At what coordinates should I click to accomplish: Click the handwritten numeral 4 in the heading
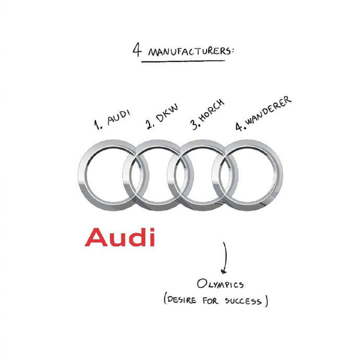click(x=137, y=49)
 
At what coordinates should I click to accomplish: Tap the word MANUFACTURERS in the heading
click(x=189, y=52)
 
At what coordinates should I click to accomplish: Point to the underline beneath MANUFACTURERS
click(x=183, y=61)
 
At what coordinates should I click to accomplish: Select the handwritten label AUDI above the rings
click(x=119, y=117)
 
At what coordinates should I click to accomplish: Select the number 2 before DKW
click(x=150, y=124)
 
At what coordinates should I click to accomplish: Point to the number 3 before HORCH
click(x=196, y=124)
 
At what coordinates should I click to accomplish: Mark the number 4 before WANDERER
click(x=239, y=126)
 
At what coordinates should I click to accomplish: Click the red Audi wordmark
click(x=120, y=237)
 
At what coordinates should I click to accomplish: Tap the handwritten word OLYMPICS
click(x=220, y=284)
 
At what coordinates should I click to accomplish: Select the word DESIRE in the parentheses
click(x=182, y=299)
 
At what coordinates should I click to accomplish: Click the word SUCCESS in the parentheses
click(x=243, y=301)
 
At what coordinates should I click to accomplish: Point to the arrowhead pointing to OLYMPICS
click(x=224, y=271)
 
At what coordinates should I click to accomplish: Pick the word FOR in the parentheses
click(x=210, y=301)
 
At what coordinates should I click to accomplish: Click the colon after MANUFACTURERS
click(x=233, y=52)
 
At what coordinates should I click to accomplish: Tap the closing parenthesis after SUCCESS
click(x=266, y=301)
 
